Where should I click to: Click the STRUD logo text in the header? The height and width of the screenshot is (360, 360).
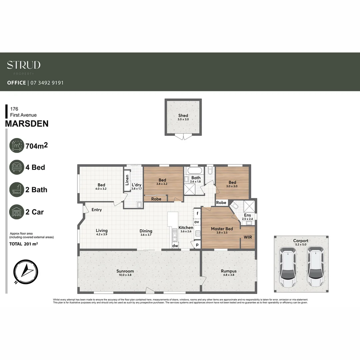click(x=24, y=65)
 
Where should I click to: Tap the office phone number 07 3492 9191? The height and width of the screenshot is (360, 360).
click(x=47, y=83)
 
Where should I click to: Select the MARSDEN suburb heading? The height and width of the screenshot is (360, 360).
click(x=27, y=124)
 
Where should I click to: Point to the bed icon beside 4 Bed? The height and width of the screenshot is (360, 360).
click(x=17, y=167)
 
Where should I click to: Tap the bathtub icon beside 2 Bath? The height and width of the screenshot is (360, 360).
click(x=17, y=190)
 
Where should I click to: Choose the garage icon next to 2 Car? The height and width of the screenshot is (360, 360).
click(x=17, y=212)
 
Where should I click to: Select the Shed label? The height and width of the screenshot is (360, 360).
click(x=183, y=116)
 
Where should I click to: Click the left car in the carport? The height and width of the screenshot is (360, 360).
click(x=288, y=268)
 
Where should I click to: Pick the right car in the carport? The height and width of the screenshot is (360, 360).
click(x=315, y=268)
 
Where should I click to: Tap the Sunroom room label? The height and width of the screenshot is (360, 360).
click(x=125, y=271)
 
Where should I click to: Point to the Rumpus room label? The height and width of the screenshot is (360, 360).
click(x=229, y=271)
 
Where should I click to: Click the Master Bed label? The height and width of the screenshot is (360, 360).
click(x=222, y=229)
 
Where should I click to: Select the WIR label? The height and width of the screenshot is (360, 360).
click(x=247, y=237)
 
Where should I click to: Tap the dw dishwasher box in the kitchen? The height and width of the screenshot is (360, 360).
click(x=175, y=246)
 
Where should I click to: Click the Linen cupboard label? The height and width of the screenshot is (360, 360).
click(x=127, y=180)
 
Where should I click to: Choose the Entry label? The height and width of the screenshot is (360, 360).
click(x=97, y=210)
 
